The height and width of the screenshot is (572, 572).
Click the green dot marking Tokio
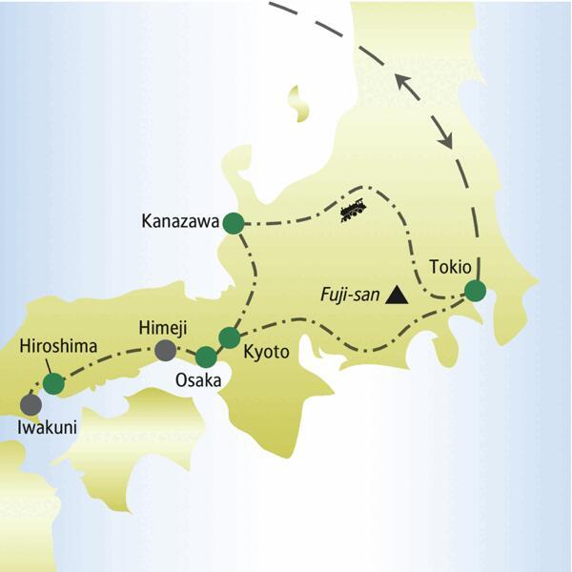click(474, 291)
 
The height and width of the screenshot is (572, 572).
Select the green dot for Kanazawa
click(234, 224)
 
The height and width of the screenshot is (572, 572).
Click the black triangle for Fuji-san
click(397, 296)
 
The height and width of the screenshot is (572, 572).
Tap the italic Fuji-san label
click(349, 296)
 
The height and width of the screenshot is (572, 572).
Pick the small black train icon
click(355, 210)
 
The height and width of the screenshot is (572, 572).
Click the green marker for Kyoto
click(229, 337)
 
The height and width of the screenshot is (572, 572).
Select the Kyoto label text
click(266, 352)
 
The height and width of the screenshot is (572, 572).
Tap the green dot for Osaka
click(206, 357)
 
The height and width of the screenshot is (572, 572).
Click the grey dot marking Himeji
click(166, 351)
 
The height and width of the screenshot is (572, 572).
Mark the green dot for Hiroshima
click(54, 383)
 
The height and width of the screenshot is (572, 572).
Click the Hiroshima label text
click(58, 349)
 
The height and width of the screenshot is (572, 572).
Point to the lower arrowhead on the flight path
click(445, 140)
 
